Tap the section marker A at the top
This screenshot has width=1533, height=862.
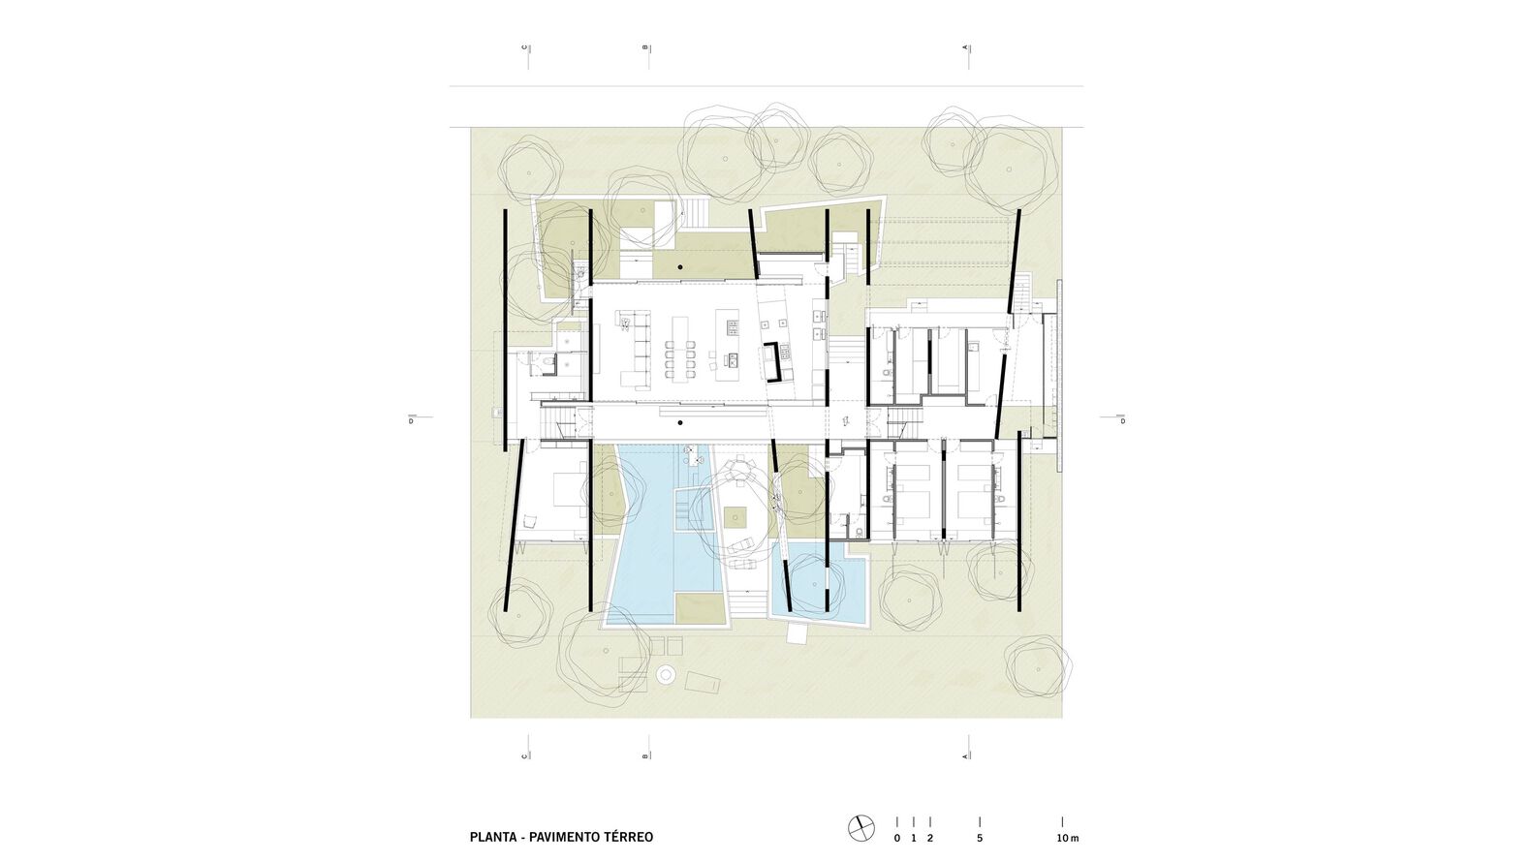(x=966, y=47)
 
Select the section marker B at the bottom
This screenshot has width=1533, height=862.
(x=645, y=756)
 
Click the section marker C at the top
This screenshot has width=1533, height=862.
(x=525, y=47)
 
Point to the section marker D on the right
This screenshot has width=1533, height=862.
(x=1123, y=420)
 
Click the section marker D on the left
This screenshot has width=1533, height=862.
(x=411, y=420)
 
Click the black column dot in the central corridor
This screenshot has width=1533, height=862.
(x=680, y=423)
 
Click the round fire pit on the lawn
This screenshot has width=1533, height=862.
(x=665, y=674)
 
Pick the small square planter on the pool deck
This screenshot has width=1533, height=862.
(x=736, y=517)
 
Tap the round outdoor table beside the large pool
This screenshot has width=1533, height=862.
(x=739, y=471)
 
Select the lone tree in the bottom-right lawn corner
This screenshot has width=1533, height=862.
(x=1038, y=665)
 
